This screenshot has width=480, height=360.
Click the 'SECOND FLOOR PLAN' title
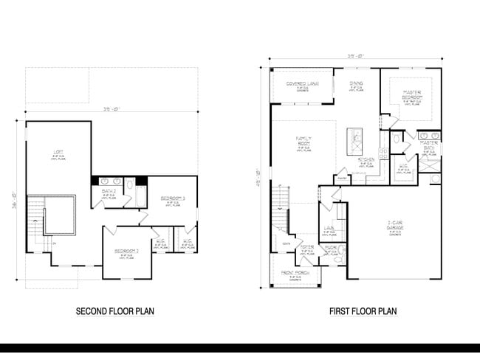(115, 311)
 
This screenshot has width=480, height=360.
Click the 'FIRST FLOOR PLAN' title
(363, 311)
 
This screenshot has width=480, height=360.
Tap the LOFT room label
(58, 154)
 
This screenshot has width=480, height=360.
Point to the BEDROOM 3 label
(172, 200)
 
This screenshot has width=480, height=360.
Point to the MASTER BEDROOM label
(411, 95)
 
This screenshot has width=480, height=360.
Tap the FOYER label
(308, 249)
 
